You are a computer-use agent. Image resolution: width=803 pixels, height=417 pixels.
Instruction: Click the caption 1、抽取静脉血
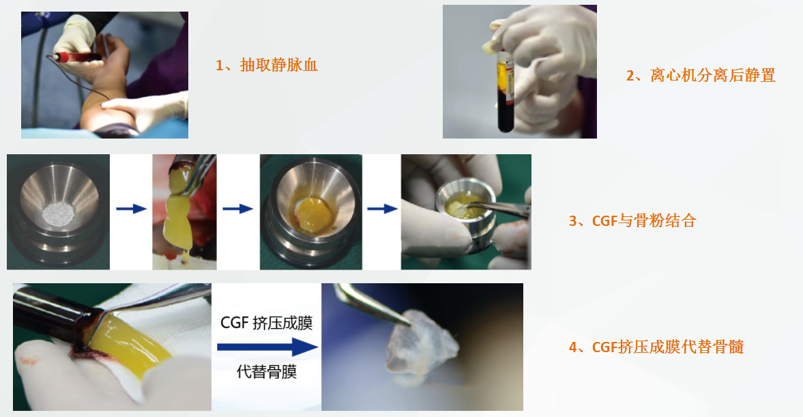pyautogui.click(x=267, y=66)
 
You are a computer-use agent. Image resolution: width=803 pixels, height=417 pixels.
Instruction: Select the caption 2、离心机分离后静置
pyautogui.click(x=701, y=76)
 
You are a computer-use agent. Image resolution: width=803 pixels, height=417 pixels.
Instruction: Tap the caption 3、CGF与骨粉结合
pyautogui.click(x=632, y=221)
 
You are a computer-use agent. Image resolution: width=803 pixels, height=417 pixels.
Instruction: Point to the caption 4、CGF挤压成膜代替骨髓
pyautogui.click(x=656, y=347)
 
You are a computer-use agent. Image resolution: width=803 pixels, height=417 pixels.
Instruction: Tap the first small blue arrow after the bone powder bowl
pyautogui.click(x=131, y=209)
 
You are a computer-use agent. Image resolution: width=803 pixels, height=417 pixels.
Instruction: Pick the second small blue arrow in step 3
pyautogui.click(x=237, y=209)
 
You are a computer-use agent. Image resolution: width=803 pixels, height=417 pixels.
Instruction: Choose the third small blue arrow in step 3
pyautogui.click(x=382, y=209)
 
